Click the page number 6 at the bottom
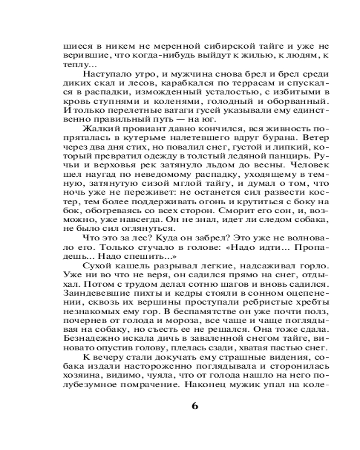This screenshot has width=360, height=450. click(x=194, y=405)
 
